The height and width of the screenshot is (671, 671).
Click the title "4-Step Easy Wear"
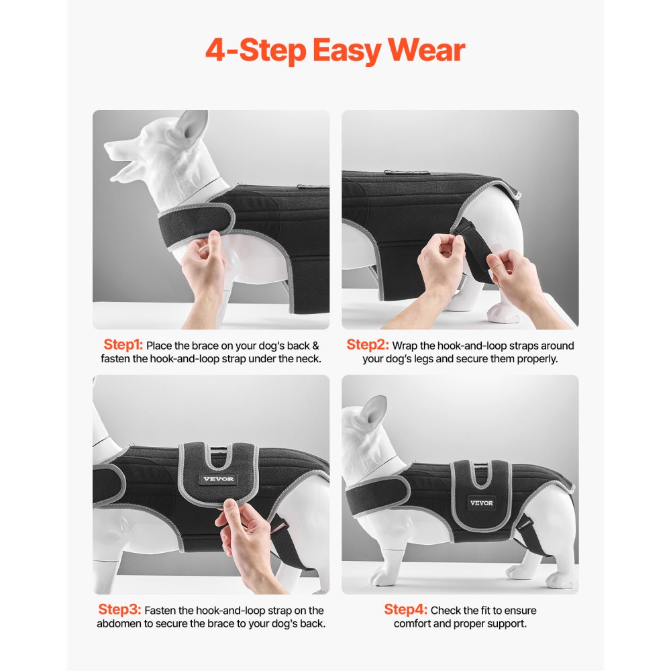click(335, 51)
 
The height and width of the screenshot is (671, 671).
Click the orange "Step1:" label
click(123, 345)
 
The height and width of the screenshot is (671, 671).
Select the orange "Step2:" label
click(367, 345)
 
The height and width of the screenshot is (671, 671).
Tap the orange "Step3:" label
click(119, 610)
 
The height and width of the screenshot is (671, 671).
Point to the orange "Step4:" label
click(405, 610)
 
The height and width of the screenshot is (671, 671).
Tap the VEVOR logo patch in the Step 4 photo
click(481, 503)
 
